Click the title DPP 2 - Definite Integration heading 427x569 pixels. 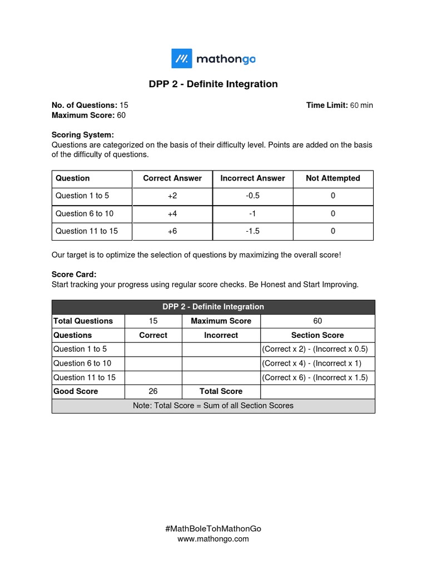pyautogui.click(x=213, y=84)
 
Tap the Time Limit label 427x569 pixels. pyautogui.click(x=326, y=105)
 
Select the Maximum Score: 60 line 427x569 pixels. pyautogui.click(x=88, y=115)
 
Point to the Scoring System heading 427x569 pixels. pyautogui.click(x=82, y=135)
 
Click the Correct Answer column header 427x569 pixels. pyautogui.click(x=172, y=178)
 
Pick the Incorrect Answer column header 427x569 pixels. pyautogui.click(x=252, y=178)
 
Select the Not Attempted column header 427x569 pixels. pyautogui.click(x=332, y=178)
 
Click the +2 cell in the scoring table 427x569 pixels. pyautogui.click(x=172, y=196)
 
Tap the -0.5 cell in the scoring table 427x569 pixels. pyautogui.click(x=252, y=196)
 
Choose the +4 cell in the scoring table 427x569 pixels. pyautogui.click(x=172, y=213)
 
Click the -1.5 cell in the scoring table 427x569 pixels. pyautogui.click(x=252, y=231)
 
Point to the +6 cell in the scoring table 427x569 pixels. pyautogui.click(x=172, y=231)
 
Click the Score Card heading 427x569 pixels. pyautogui.click(x=74, y=274)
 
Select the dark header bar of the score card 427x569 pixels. pyautogui.click(x=213, y=307)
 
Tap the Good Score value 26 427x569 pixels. pyautogui.click(x=153, y=391)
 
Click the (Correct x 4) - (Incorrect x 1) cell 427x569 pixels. pyautogui.click(x=317, y=363)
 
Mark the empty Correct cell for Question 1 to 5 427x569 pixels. pyautogui.click(x=153, y=350)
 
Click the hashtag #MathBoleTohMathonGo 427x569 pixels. pyautogui.click(x=213, y=529)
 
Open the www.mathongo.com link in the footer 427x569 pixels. pyautogui.click(x=213, y=539)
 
